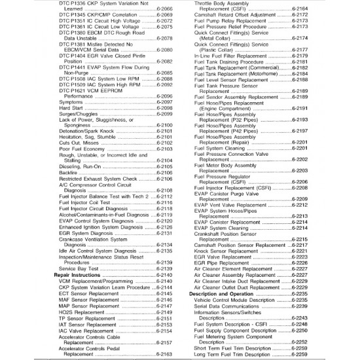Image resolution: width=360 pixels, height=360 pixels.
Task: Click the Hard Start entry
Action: click(70, 109)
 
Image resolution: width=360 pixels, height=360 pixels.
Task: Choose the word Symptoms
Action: click(71, 103)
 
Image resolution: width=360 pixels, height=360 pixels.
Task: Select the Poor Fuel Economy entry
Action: click(81, 149)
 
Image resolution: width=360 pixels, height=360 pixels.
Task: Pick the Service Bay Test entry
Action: click(79, 269)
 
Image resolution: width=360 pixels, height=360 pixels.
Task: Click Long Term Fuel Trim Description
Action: click(232, 355)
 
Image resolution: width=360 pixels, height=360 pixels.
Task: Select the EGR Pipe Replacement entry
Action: click(224, 262)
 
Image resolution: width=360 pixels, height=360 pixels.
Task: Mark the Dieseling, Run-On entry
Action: click(80, 166)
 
